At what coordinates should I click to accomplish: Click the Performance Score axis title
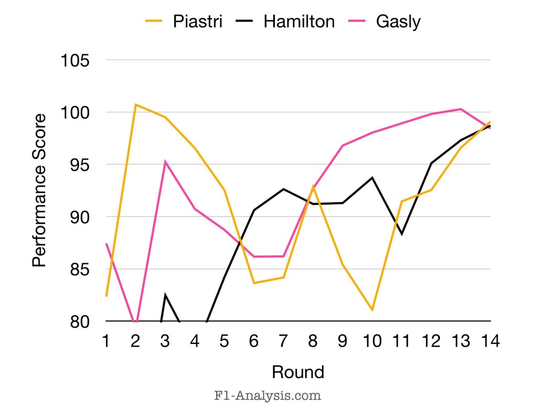coord(40,191)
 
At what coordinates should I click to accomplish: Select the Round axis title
coord(298,372)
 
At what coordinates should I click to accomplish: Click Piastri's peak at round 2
coord(135,104)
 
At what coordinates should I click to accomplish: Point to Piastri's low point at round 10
coord(372,310)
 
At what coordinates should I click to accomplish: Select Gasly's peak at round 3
coord(165,162)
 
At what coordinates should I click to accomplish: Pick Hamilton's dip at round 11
coord(402,234)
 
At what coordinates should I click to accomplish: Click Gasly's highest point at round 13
coord(460,109)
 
